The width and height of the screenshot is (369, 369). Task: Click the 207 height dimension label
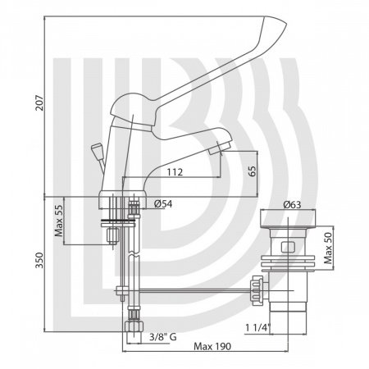(x=40, y=102)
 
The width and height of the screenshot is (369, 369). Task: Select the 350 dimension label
(x=40, y=260)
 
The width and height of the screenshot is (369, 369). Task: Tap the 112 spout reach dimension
(x=175, y=172)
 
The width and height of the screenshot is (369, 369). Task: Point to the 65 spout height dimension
(x=253, y=171)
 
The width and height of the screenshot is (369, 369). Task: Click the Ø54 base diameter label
(x=163, y=204)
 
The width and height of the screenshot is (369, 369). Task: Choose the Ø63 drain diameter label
(x=292, y=205)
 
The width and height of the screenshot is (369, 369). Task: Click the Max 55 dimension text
(x=59, y=221)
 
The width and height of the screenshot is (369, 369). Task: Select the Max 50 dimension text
(x=328, y=248)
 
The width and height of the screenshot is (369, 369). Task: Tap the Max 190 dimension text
(x=212, y=346)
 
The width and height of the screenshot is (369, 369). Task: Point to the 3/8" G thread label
(x=163, y=337)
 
